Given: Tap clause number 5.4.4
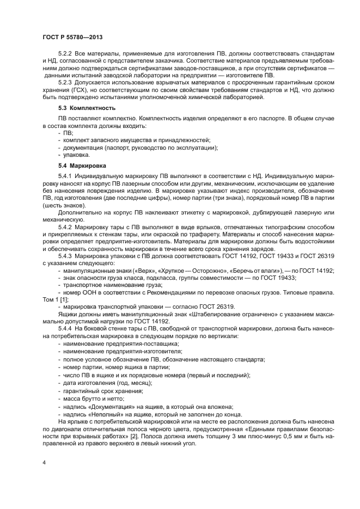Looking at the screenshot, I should pos(66,329).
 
